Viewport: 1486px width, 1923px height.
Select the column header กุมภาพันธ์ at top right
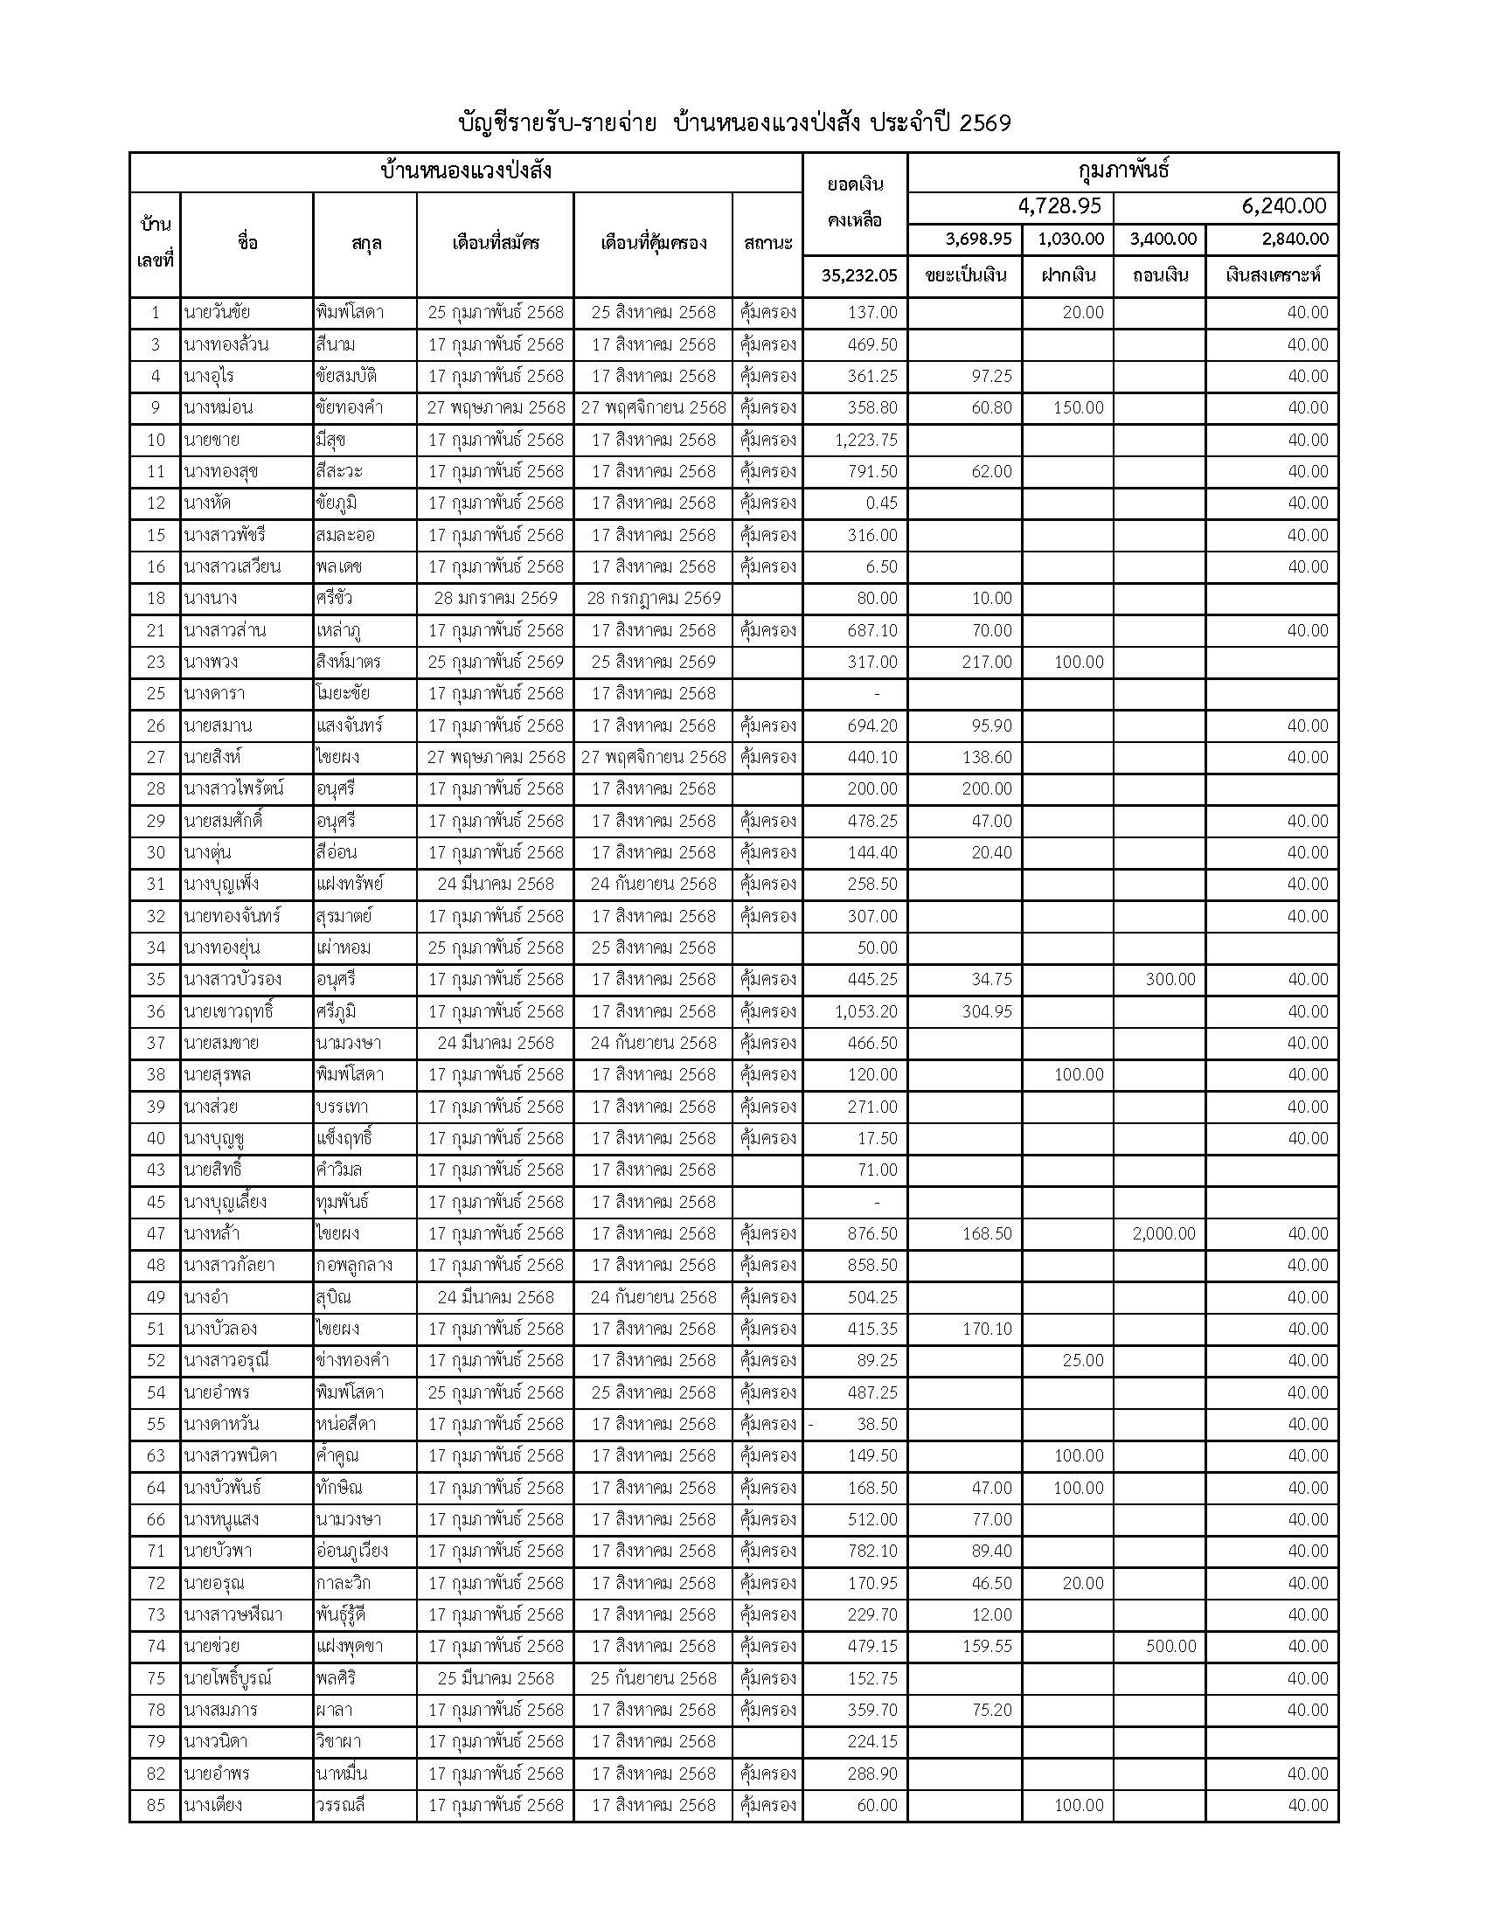pyautogui.click(x=1122, y=170)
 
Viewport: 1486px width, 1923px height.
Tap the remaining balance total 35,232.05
pyautogui.click(x=858, y=275)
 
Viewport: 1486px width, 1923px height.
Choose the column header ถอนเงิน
pyautogui.click(x=1159, y=275)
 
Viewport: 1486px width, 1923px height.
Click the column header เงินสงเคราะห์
pyautogui.click(x=1272, y=275)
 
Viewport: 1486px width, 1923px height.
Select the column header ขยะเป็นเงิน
pyautogui.click(x=965, y=275)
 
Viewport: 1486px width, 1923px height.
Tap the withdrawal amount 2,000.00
pyautogui.click(x=1163, y=1233)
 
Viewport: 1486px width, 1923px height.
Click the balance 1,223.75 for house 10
pyautogui.click(x=865, y=440)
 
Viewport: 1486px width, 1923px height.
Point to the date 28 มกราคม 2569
pyautogui.click(x=496, y=599)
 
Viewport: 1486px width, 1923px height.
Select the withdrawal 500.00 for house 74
pyautogui.click(x=1170, y=1647)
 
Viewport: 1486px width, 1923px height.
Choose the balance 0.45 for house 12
pyautogui.click(x=880, y=503)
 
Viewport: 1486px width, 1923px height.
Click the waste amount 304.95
pyautogui.click(x=987, y=1010)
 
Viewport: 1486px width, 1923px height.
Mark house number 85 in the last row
pyautogui.click(x=156, y=1805)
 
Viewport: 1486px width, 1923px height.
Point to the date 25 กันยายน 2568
pyautogui.click(x=653, y=1678)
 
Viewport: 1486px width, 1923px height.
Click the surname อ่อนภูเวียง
pyautogui.click(x=351, y=1551)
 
